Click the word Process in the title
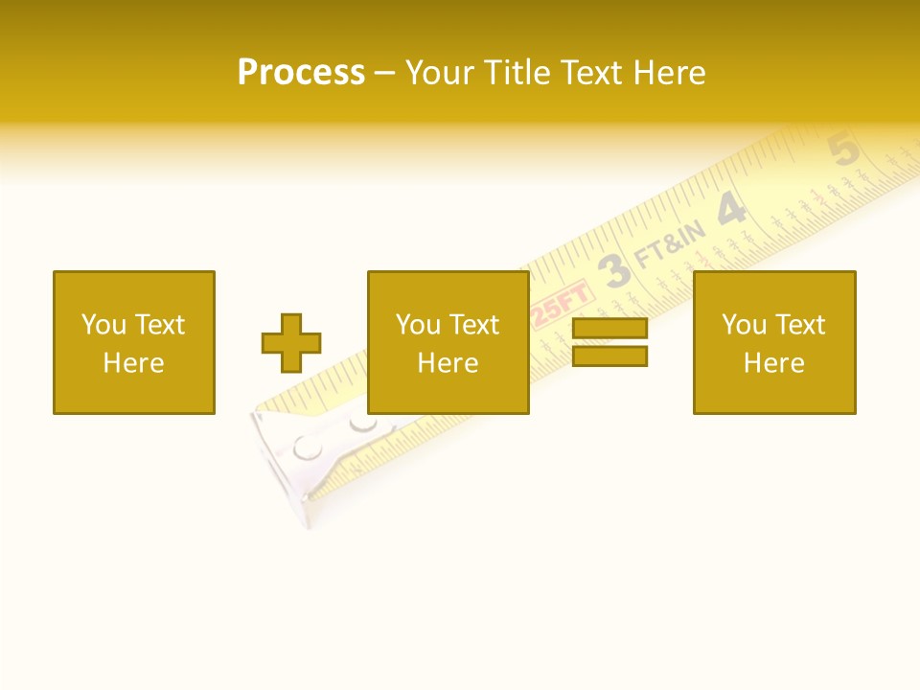pyautogui.click(x=301, y=73)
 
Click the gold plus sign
pyautogui.click(x=291, y=343)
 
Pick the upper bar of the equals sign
pyautogui.click(x=609, y=329)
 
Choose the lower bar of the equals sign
pyautogui.click(x=609, y=356)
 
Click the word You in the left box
pyautogui.click(x=103, y=325)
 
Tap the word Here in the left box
pyautogui.click(x=133, y=363)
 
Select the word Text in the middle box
pyautogui.click(x=474, y=325)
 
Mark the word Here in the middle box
pyautogui.click(x=448, y=363)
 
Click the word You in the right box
pyautogui.click(x=744, y=325)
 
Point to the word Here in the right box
pyautogui.click(x=773, y=363)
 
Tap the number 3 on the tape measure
pyautogui.click(x=616, y=270)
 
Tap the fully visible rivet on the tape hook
pyautogui.click(x=308, y=447)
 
